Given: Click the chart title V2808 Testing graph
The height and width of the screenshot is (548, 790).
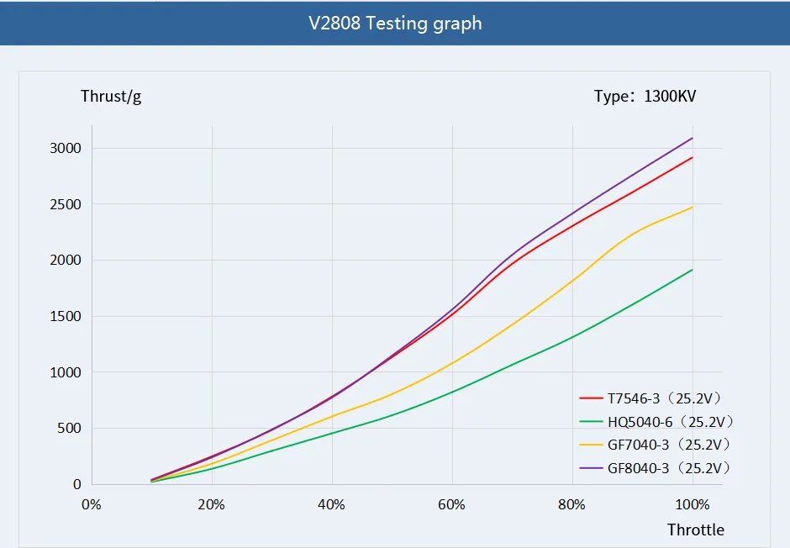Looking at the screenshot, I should (x=395, y=23).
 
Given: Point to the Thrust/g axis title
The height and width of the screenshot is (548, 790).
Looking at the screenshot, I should (x=111, y=96).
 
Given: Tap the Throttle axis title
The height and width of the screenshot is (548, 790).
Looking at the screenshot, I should (x=695, y=530).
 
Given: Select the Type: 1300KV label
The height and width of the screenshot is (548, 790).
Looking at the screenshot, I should (x=645, y=96).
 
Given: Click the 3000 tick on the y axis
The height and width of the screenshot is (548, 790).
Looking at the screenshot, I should (x=65, y=149).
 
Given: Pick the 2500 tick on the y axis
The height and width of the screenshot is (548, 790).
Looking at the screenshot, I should (x=65, y=204).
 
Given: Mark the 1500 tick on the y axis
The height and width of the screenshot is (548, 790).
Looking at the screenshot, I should (x=65, y=317).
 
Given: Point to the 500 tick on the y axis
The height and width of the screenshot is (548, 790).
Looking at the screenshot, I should (x=69, y=429).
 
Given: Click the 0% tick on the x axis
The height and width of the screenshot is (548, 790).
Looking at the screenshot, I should (x=91, y=504).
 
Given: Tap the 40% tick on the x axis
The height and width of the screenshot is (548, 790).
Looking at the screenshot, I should (x=332, y=504).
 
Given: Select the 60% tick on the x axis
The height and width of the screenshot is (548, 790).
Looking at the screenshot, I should (x=452, y=504).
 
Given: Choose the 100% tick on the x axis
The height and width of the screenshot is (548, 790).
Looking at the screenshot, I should (x=693, y=504).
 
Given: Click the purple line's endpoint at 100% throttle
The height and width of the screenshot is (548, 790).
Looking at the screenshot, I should (x=693, y=138).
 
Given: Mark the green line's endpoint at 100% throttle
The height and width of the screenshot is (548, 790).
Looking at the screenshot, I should (x=693, y=270).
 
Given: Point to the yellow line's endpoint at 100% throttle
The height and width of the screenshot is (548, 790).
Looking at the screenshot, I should (x=693, y=207).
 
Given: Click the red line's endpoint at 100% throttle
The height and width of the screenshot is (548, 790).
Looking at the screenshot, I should (x=693, y=157).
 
